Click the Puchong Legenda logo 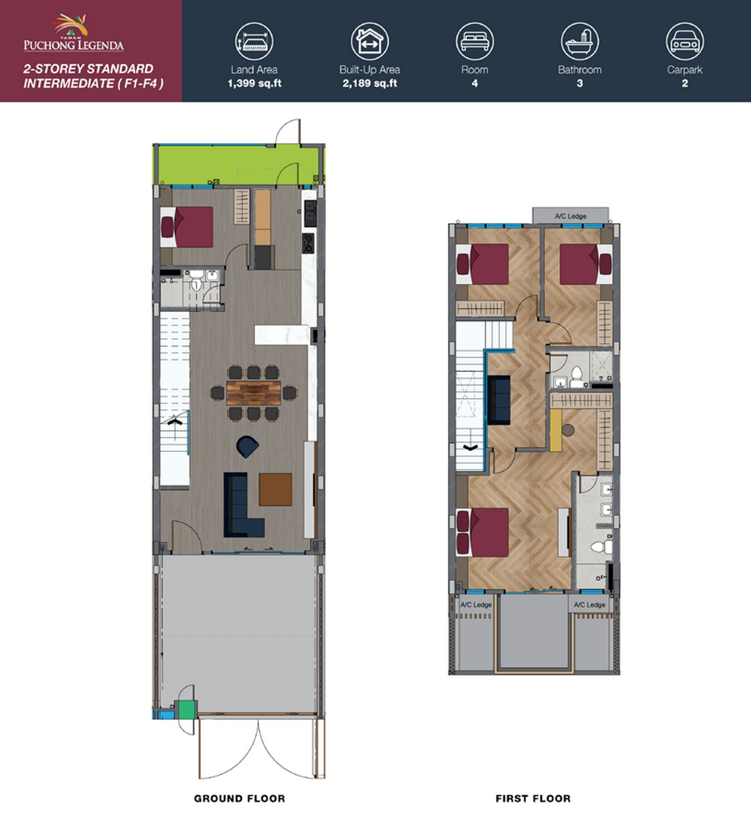tap(74, 33)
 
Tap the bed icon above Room tap(475, 41)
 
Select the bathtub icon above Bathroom tap(580, 41)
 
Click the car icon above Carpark tap(685, 41)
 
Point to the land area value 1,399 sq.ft tap(254, 84)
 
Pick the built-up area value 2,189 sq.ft tap(369, 84)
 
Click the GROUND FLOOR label tap(239, 798)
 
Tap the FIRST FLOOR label tap(533, 798)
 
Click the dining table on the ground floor tap(253, 393)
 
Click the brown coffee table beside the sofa tap(275, 489)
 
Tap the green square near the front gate tap(187, 709)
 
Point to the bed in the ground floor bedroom tap(186, 227)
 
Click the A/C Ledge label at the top tap(570, 216)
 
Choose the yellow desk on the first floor tap(556, 431)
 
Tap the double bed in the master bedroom tap(483, 532)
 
